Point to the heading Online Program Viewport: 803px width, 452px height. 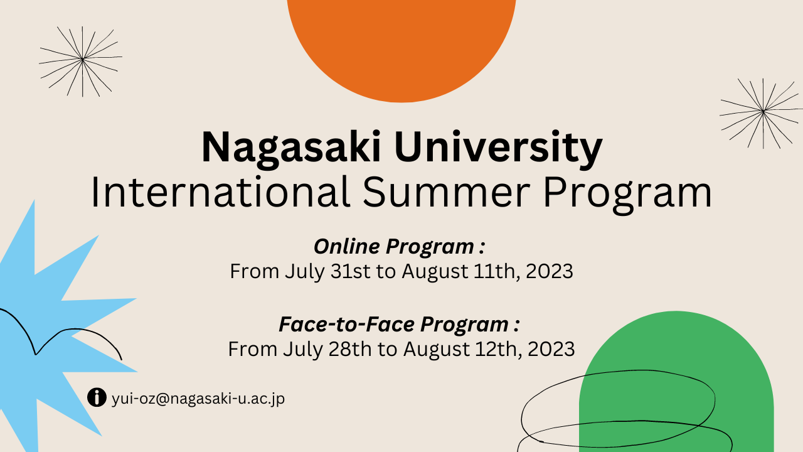400,247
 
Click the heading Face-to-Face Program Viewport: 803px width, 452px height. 400,325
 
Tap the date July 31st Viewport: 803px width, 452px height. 327,272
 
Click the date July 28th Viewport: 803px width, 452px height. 327,350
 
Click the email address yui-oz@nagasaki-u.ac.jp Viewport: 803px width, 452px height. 198,399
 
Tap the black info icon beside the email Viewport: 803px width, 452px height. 97,397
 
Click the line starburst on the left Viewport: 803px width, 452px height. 81,61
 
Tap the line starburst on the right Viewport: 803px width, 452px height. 762,113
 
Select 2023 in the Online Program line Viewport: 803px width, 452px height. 549,271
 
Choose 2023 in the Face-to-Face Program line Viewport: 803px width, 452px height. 551,349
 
